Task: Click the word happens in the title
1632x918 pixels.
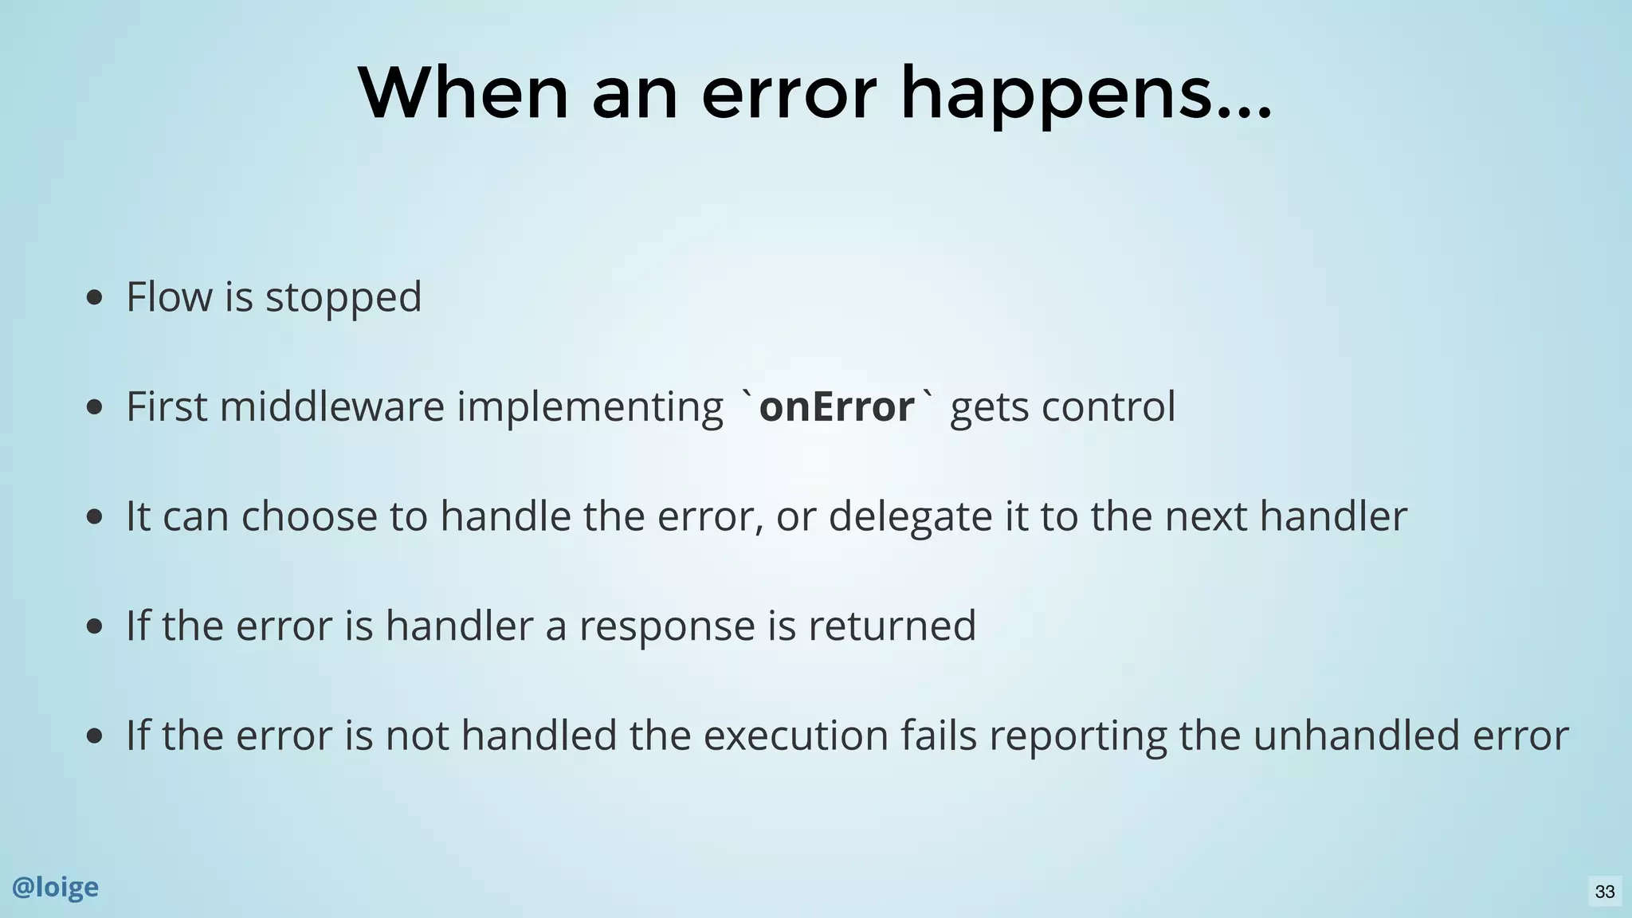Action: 1085,96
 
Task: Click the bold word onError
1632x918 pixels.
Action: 836,407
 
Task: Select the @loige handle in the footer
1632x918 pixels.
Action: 55,887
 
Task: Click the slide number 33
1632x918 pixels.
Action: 1604,891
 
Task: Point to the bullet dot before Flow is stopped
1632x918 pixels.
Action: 94,298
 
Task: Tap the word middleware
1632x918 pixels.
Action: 331,406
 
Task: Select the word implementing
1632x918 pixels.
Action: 590,408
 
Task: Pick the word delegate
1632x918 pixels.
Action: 910,516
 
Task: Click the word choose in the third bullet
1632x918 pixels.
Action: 309,516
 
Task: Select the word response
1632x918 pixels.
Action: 666,626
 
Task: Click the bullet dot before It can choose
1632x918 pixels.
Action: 94,517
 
